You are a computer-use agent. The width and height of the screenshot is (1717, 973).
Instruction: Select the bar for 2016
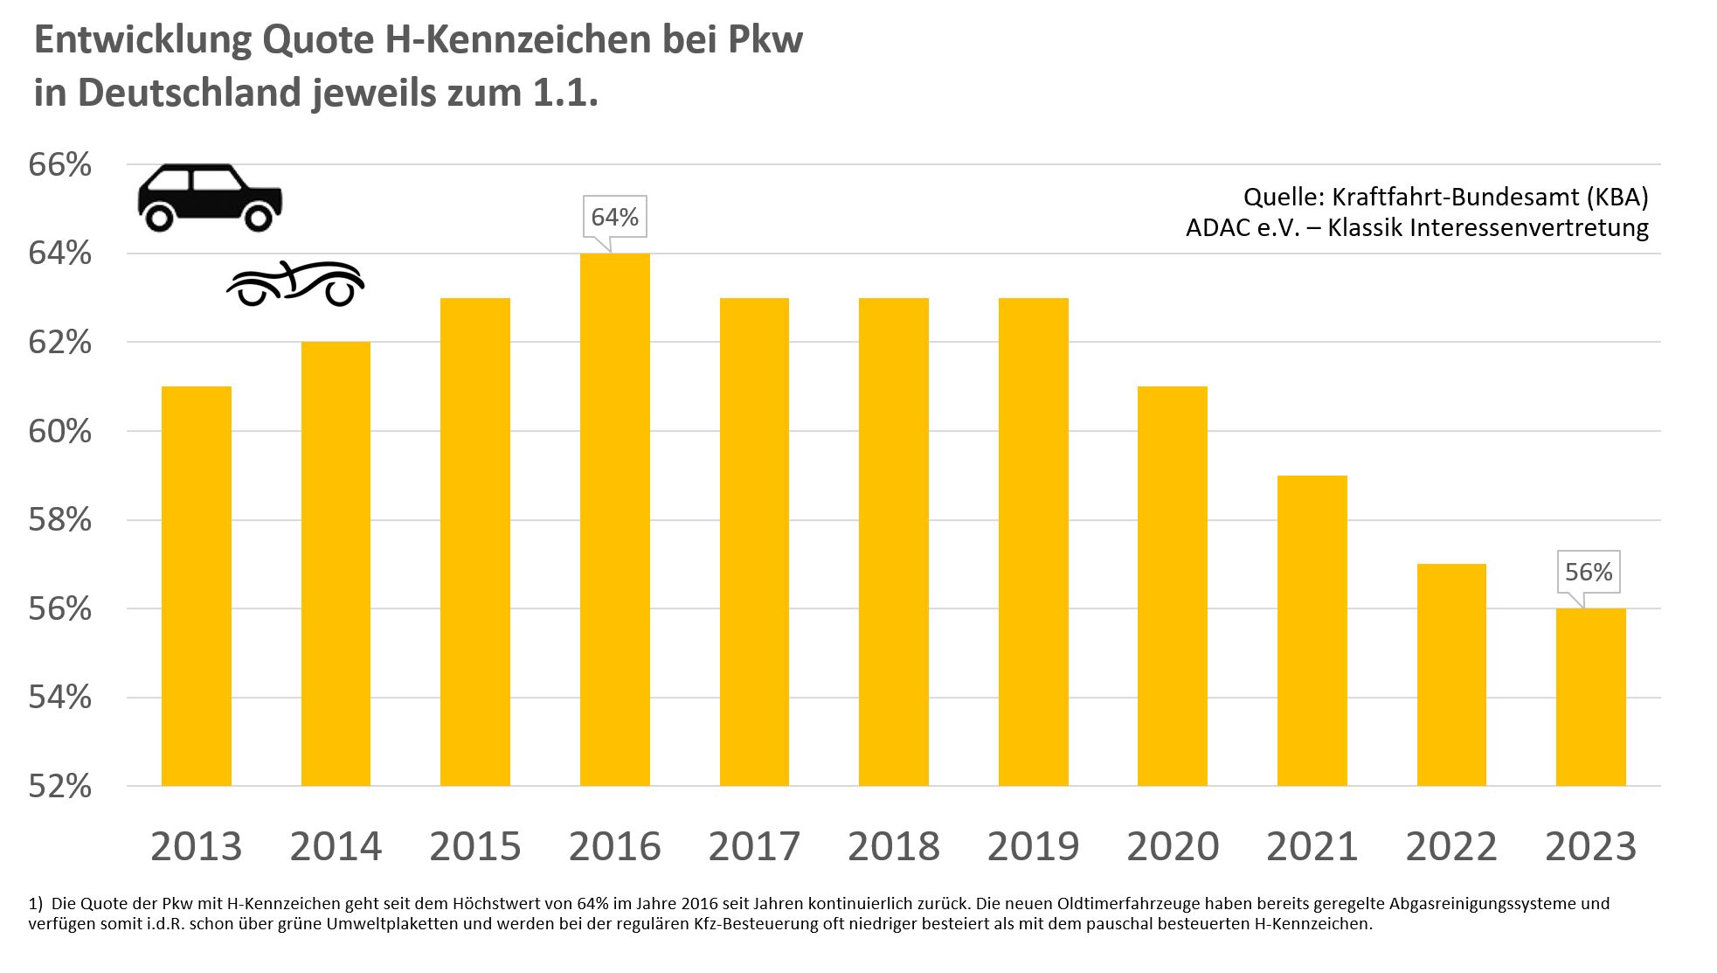(614, 519)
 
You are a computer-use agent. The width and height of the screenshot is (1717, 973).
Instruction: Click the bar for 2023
(1590, 697)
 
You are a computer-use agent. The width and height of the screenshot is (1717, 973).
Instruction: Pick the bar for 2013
(196, 586)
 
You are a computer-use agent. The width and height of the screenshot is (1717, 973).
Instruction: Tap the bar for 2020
(1172, 586)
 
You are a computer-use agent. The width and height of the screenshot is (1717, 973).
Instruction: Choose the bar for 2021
(1312, 630)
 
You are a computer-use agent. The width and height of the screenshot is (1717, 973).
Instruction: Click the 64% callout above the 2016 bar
(614, 217)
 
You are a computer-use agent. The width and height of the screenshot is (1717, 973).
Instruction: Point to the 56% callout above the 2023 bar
(1589, 572)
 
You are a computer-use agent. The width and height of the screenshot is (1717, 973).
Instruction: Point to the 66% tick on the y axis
(59, 165)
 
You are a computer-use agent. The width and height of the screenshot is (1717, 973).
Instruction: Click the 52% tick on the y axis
(59, 787)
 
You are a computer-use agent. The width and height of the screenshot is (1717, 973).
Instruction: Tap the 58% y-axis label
(59, 520)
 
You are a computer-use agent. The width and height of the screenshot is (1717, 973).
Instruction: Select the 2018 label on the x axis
(893, 846)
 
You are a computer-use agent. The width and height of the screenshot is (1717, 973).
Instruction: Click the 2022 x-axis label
(1451, 846)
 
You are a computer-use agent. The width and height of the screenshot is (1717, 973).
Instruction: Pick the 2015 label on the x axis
(474, 846)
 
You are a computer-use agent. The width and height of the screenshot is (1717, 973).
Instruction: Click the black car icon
(210, 198)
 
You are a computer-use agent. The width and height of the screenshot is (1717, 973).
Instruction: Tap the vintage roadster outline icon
(295, 283)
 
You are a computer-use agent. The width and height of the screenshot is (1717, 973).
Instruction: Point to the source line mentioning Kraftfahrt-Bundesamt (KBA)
(1445, 197)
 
